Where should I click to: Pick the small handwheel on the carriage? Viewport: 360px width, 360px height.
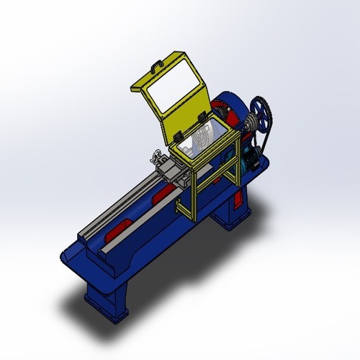coord(157,154)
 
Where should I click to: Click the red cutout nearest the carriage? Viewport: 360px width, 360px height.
coord(162,195)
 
